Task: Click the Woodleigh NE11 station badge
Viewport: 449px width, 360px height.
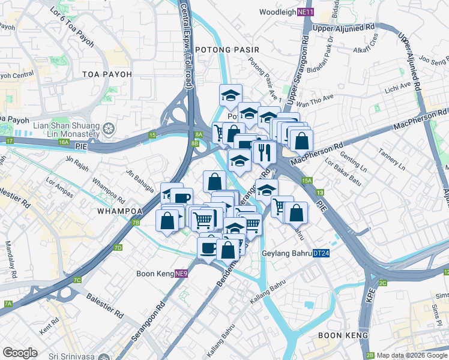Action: [306, 12]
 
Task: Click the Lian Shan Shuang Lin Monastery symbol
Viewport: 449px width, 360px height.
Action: [109, 128]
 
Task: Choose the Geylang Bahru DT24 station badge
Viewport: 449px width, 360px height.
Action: [320, 253]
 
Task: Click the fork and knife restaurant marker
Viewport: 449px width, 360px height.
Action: [264, 151]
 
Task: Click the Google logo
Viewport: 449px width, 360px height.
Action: [20, 353]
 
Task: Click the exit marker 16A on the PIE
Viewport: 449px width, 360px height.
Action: [64, 142]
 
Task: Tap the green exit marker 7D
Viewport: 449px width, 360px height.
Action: [118, 247]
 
